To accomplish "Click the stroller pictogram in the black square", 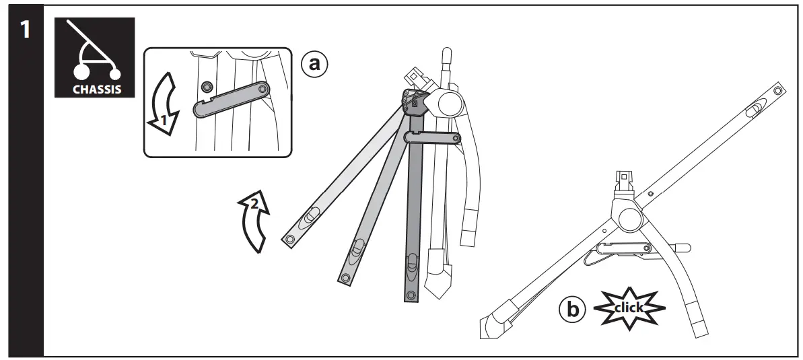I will click(94, 54).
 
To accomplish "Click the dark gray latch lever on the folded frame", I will click(433, 139).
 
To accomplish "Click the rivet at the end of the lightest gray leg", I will click(290, 240).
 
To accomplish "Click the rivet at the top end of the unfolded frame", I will click(779, 89).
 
